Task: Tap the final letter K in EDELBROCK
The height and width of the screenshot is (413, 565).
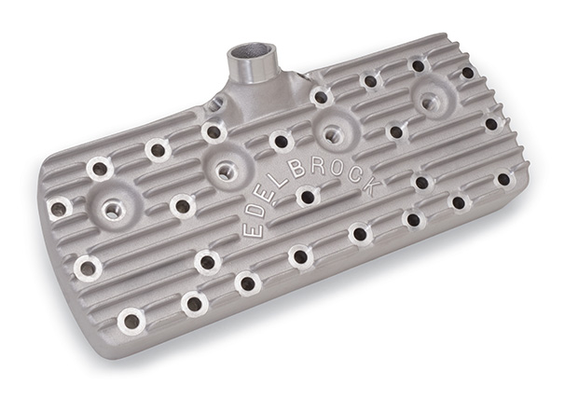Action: click(372, 187)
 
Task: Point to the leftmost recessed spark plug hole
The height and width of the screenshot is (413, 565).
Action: click(114, 210)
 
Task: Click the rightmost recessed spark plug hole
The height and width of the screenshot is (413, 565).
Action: click(431, 103)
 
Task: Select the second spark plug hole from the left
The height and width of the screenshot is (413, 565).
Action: click(225, 172)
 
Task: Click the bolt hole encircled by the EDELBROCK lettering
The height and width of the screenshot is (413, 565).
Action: click(306, 197)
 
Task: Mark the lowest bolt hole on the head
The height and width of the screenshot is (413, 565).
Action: click(131, 321)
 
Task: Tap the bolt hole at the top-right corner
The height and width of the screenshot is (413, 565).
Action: click(467, 72)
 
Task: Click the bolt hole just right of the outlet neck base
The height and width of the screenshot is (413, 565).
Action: click(321, 96)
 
